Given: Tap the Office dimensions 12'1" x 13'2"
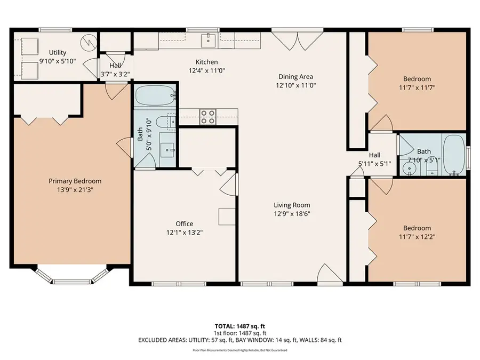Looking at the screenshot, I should [185, 232].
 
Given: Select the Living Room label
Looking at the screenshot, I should [292, 205].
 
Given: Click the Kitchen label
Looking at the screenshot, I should [206, 62].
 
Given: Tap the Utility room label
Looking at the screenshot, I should [58, 52].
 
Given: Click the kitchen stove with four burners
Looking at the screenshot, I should [207, 117].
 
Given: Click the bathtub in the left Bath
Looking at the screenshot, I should [155, 97].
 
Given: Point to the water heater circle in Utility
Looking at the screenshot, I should [87, 42].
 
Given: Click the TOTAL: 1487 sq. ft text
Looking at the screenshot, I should [239, 325].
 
